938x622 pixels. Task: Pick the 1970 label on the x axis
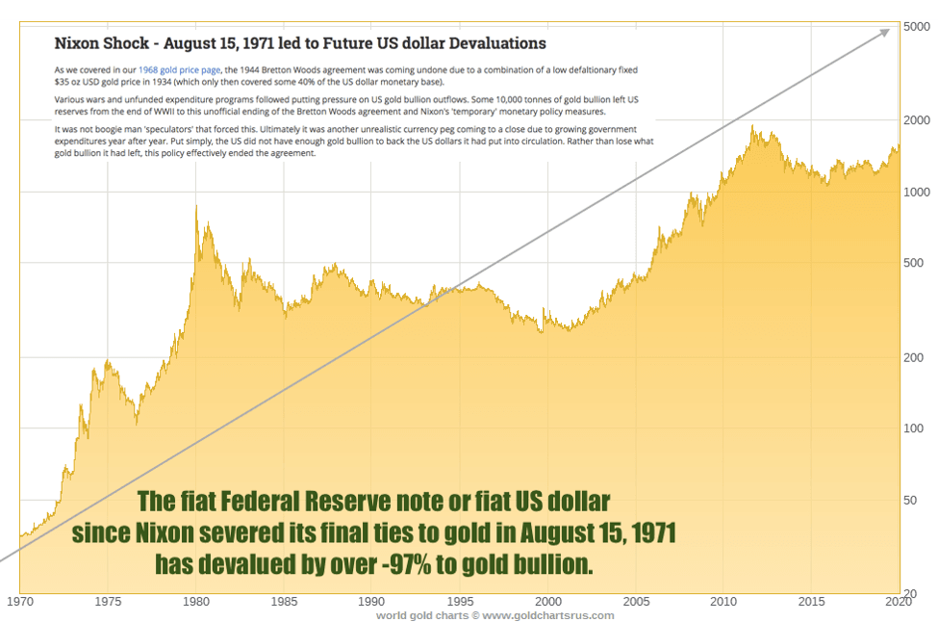(x=20, y=602)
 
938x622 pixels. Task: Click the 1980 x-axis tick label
(x=196, y=602)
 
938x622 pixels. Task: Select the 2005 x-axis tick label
(x=635, y=602)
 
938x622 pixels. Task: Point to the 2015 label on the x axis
(x=811, y=602)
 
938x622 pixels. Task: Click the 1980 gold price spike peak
(x=196, y=205)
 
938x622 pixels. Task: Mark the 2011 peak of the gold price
(x=752, y=126)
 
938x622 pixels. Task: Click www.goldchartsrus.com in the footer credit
(x=548, y=615)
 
